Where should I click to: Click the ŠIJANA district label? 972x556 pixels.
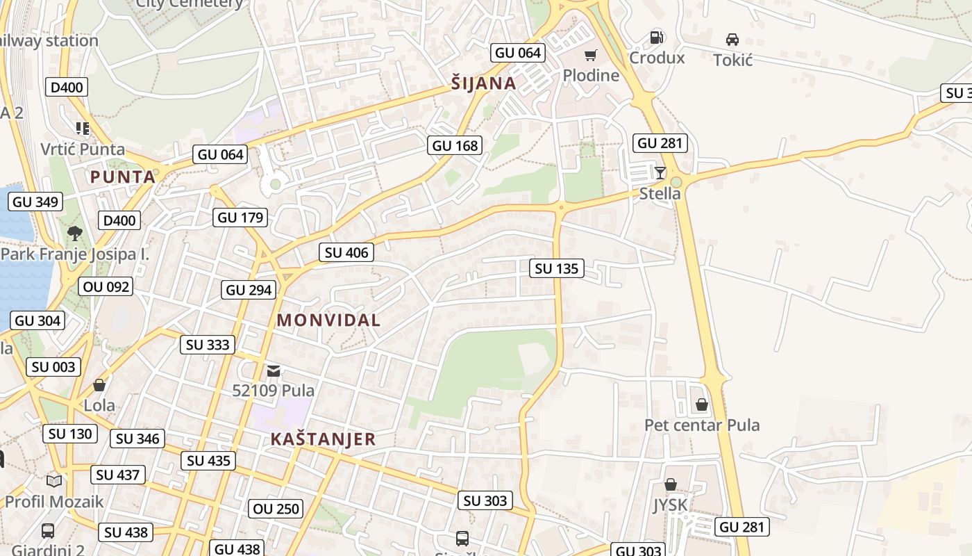(484, 84)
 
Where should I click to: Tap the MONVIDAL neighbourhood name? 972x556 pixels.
(328, 320)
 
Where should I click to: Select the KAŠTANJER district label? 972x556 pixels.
(323, 439)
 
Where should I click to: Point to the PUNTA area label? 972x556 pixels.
(123, 177)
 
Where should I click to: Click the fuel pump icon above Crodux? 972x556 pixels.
(656, 38)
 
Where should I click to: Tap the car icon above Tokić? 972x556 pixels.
(732, 39)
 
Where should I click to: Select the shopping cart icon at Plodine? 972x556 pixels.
(590, 56)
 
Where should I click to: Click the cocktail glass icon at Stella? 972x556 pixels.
(660, 172)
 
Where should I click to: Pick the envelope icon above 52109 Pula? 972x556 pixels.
(274, 370)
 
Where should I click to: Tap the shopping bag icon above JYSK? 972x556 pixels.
(670, 484)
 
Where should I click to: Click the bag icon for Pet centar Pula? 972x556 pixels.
(702, 404)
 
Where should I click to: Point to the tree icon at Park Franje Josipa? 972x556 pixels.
(75, 234)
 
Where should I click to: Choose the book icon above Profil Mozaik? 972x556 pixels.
(54, 480)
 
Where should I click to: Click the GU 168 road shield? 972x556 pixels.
(455, 145)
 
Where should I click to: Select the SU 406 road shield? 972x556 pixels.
(346, 252)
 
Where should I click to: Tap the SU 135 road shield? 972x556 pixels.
(557, 268)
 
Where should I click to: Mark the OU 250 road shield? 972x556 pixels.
(276, 509)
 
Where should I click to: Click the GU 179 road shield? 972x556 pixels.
(240, 218)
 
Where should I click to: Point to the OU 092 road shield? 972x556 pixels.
(106, 286)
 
